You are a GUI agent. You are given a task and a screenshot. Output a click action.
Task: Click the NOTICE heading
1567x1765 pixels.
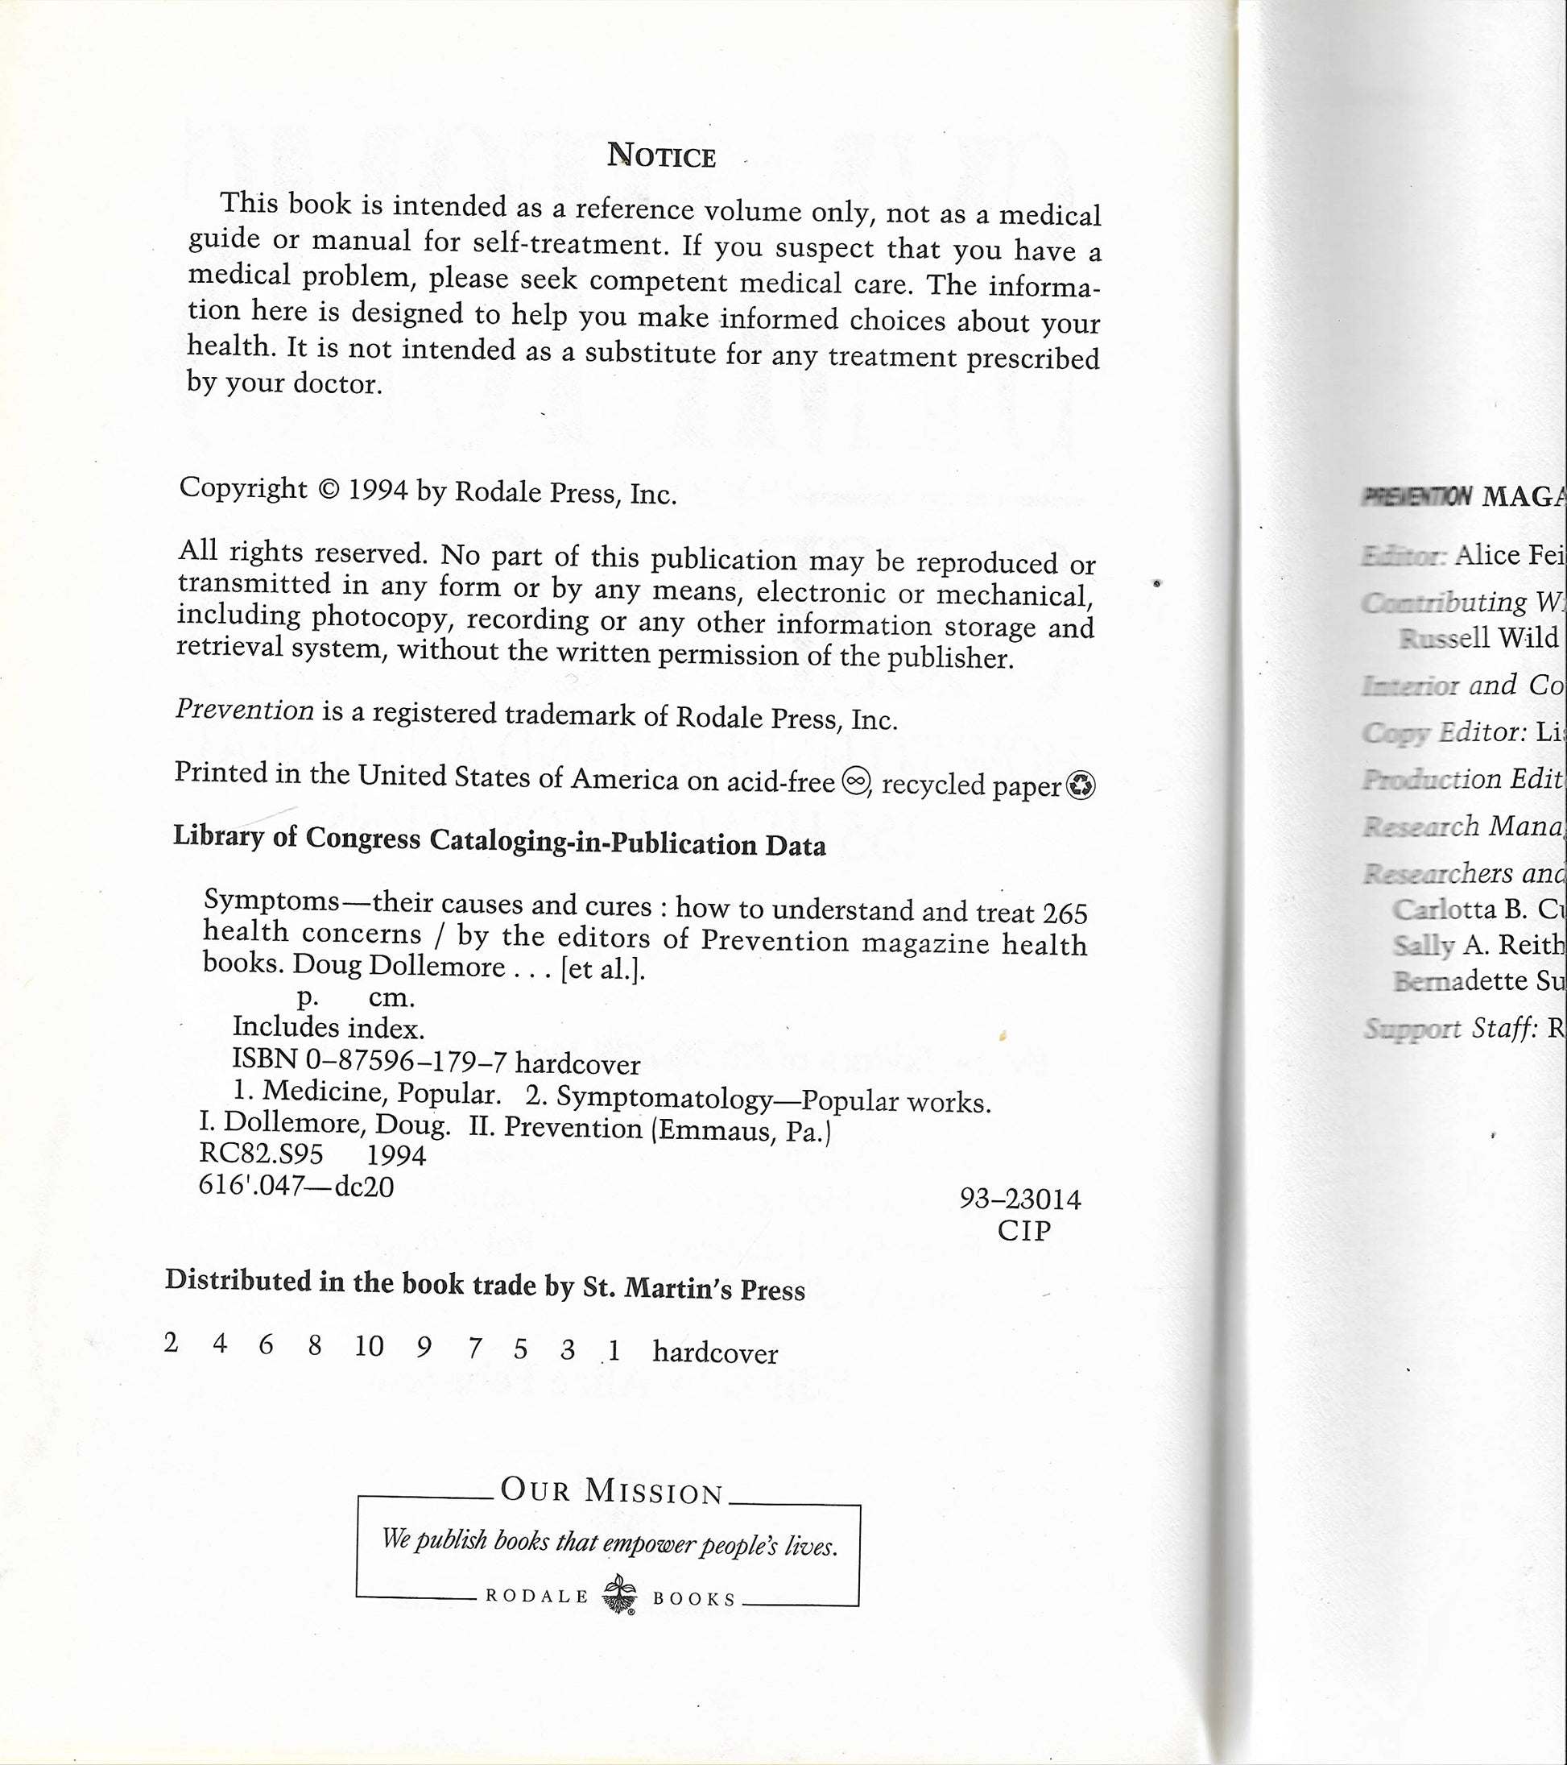(661, 155)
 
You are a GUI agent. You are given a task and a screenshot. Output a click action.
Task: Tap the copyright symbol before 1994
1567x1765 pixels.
(328, 489)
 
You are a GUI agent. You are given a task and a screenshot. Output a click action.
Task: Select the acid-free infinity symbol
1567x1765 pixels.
(853, 782)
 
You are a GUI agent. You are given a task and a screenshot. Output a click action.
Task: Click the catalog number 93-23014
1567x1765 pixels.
(1019, 1199)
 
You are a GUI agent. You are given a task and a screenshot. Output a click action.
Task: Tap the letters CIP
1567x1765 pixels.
(1024, 1229)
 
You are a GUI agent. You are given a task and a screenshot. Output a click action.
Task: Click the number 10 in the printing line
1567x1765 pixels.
(369, 1345)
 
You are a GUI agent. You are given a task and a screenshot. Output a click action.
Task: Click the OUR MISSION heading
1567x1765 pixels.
(611, 1491)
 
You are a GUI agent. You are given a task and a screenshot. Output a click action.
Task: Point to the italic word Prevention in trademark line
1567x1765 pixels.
(244, 710)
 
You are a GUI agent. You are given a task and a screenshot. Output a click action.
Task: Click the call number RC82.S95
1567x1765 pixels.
(261, 1154)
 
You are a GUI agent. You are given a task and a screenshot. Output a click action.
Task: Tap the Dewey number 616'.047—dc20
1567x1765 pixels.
(296, 1186)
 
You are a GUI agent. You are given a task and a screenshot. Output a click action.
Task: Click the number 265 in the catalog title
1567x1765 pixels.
(1065, 913)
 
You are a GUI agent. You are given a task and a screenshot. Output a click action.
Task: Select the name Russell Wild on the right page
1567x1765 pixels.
(1478, 638)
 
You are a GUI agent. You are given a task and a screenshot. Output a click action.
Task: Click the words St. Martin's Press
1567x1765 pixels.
(694, 1288)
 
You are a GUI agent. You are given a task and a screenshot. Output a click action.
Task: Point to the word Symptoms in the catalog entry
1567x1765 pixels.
(272, 901)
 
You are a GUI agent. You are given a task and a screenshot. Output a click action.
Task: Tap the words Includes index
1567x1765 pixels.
(328, 1028)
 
